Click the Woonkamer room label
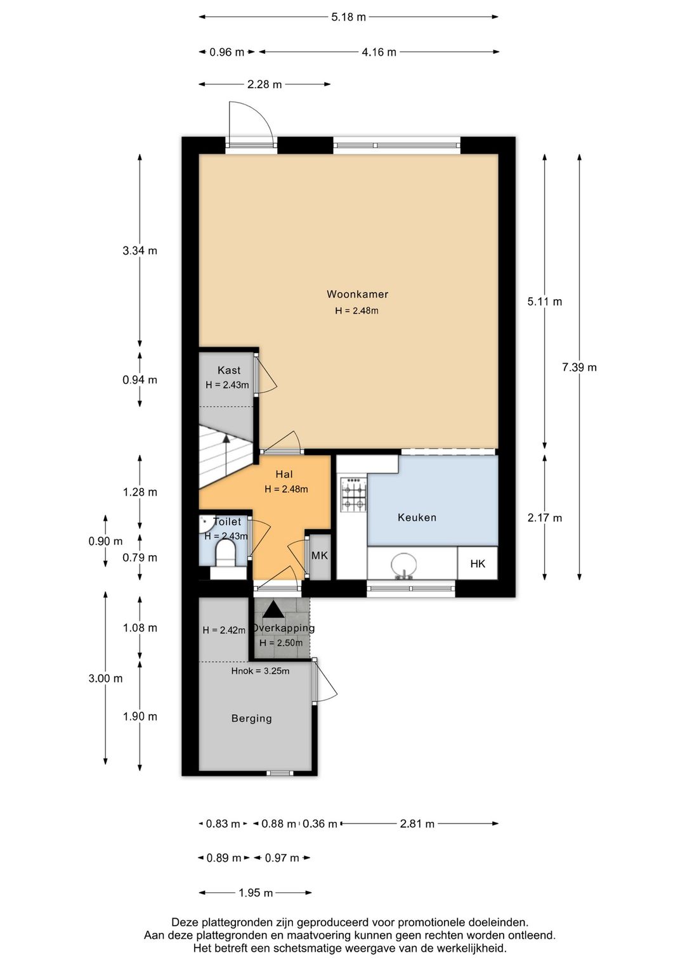pyautogui.click(x=357, y=294)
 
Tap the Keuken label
pyautogui.click(x=417, y=517)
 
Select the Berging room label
pyautogui.click(x=252, y=719)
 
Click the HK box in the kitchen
pyautogui.click(x=478, y=563)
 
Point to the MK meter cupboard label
pyautogui.click(x=320, y=556)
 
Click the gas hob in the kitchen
pyautogui.click(x=354, y=494)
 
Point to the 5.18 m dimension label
pyautogui.click(x=348, y=17)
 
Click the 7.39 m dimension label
pyautogui.click(x=579, y=368)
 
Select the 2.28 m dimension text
pyautogui.click(x=264, y=85)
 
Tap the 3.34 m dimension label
pyautogui.click(x=140, y=251)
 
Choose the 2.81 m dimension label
pyautogui.click(x=417, y=824)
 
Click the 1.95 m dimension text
pyautogui.click(x=256, y=893)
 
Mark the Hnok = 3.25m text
pyautogui.click(x=260, y=671)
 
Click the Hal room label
pyautogui.click(x=284, y=474)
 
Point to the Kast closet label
pyautogui.click(x=228, y=370)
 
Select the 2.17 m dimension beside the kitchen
pyautogui.click(x=545, y=518)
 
